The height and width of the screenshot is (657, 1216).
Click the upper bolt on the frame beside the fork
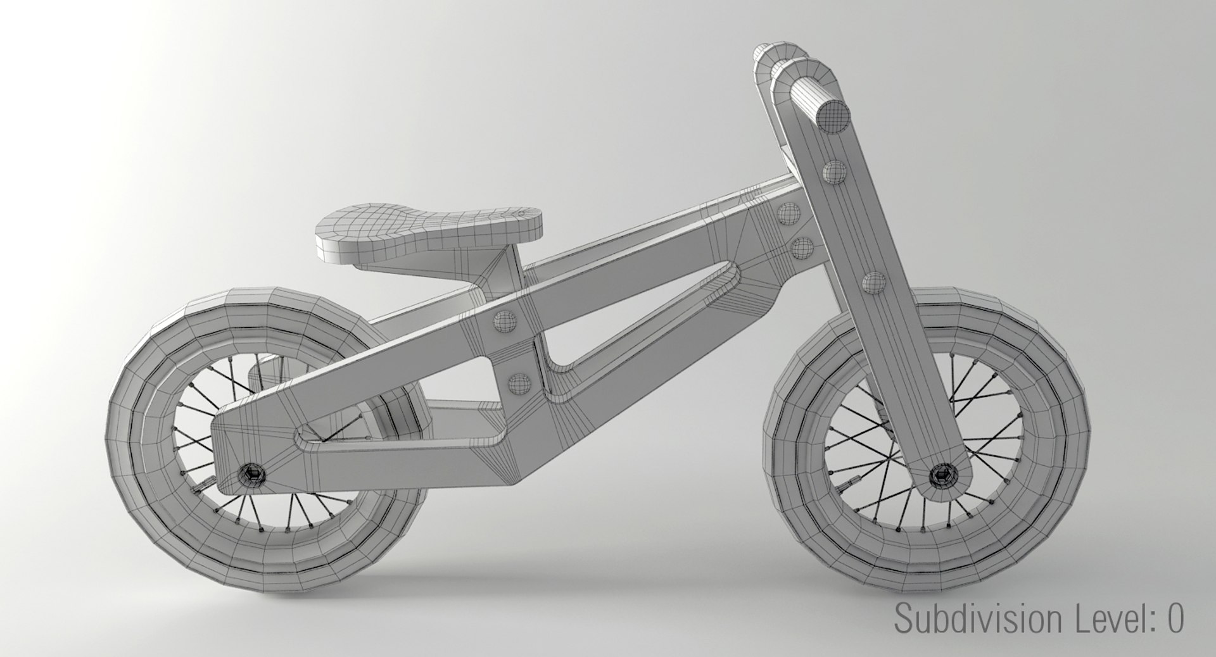pyautogui.click(x=788, y=213)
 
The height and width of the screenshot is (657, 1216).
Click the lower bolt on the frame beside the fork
pyautogui.click(x=803, y=247)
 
